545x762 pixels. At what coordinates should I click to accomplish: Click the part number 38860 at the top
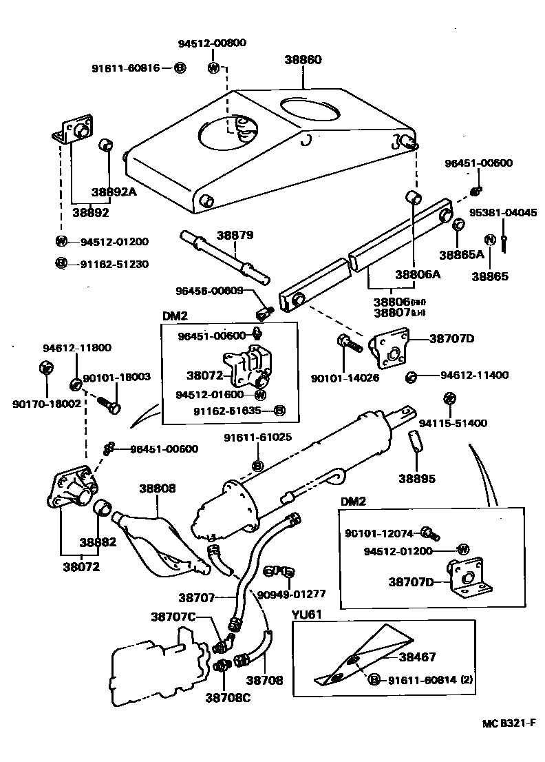point(303,60)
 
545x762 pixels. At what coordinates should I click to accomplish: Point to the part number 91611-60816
point(126,68)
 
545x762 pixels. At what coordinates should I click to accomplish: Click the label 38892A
point(114,192)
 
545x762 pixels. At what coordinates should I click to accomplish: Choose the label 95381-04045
point(503,212)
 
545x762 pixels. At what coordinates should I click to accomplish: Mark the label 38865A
point(462,254)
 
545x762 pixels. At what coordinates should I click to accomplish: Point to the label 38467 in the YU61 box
point(417,657)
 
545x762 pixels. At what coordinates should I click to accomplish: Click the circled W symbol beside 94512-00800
point(214,68)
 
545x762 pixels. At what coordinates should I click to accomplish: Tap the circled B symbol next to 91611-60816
point(179,68)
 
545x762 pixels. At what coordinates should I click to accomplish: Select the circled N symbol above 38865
point(490,240)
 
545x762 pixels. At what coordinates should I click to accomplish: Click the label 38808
point(158,488)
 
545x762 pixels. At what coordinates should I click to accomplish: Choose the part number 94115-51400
point(462,423)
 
